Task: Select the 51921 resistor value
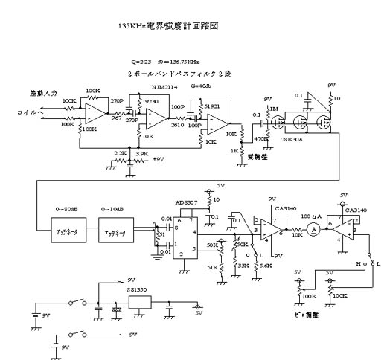[x=211, y=106]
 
